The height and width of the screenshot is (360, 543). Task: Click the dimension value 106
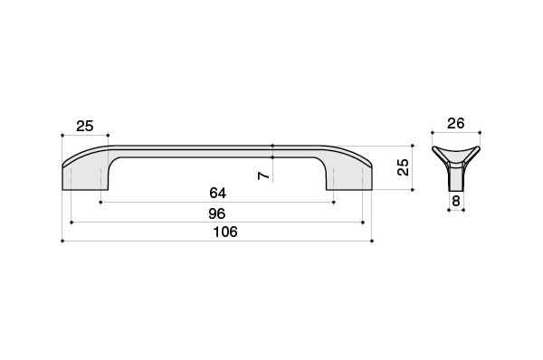[225, 232]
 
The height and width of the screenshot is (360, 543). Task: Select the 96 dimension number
[217, 214]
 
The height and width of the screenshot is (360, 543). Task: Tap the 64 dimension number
[218, 193]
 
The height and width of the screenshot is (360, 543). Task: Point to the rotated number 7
[264, 175]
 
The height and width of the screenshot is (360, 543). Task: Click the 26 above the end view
[456, 123]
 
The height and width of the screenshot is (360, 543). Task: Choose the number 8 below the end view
[456, 201]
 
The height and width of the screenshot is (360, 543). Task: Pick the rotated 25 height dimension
[404, 167]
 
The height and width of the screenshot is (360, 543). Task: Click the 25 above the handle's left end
[85, 126]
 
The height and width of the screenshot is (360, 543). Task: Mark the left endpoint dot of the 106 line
[62, 241]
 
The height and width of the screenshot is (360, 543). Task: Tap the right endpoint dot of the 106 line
[372, 241]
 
